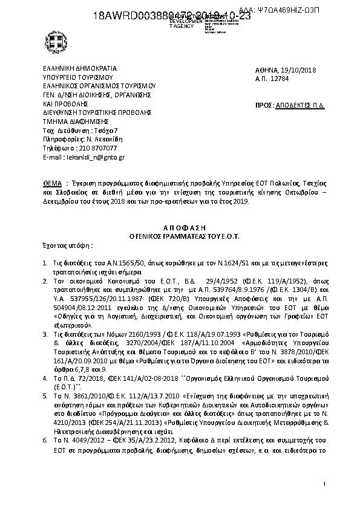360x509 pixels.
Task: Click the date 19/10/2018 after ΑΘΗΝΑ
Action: click(x=298, y=70)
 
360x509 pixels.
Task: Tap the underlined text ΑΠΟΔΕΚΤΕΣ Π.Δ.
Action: click(x=300, y=105)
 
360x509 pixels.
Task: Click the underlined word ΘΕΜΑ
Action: click(x=51, y=182)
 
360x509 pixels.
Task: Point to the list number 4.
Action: click(x=46, y=377)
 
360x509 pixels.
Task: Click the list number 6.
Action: click(x=46, y=441)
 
